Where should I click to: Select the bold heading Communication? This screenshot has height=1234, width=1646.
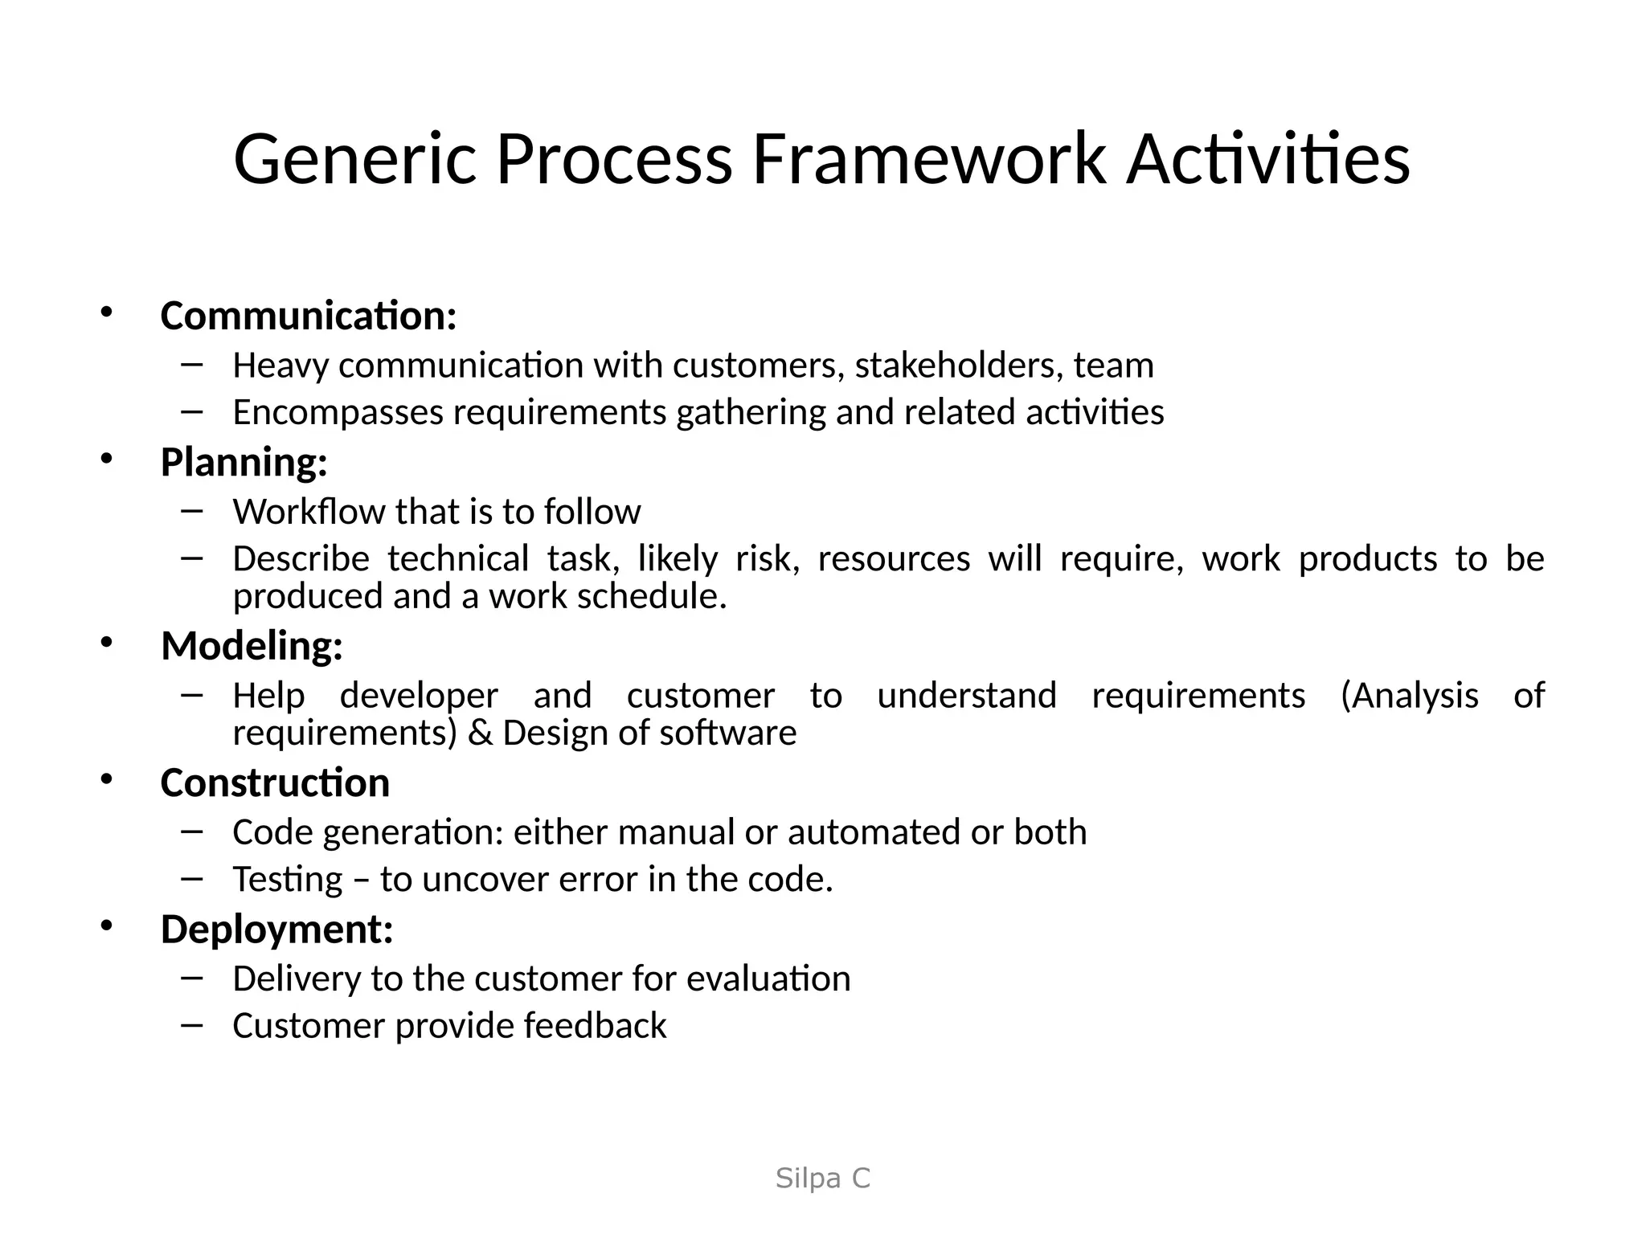309,316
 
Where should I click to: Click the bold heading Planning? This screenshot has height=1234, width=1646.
244,463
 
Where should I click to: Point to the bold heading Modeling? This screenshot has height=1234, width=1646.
252,646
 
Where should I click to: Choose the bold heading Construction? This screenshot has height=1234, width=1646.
275,783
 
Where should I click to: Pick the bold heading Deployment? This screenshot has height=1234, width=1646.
276,930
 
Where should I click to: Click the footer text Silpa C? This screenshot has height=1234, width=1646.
822,1179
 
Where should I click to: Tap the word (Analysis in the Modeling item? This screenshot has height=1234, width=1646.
1409,696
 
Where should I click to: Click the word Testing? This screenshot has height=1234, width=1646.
288,880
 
